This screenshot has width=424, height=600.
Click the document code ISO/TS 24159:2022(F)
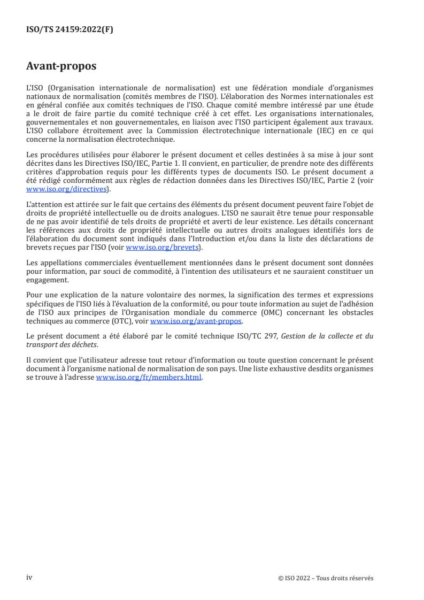click(70, 30)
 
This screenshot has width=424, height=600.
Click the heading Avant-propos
click(61, 66)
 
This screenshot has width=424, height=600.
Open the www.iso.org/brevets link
click(161, 247)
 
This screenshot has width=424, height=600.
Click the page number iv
click(29, 578)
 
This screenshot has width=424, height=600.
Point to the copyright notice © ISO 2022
click(325, 578)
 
